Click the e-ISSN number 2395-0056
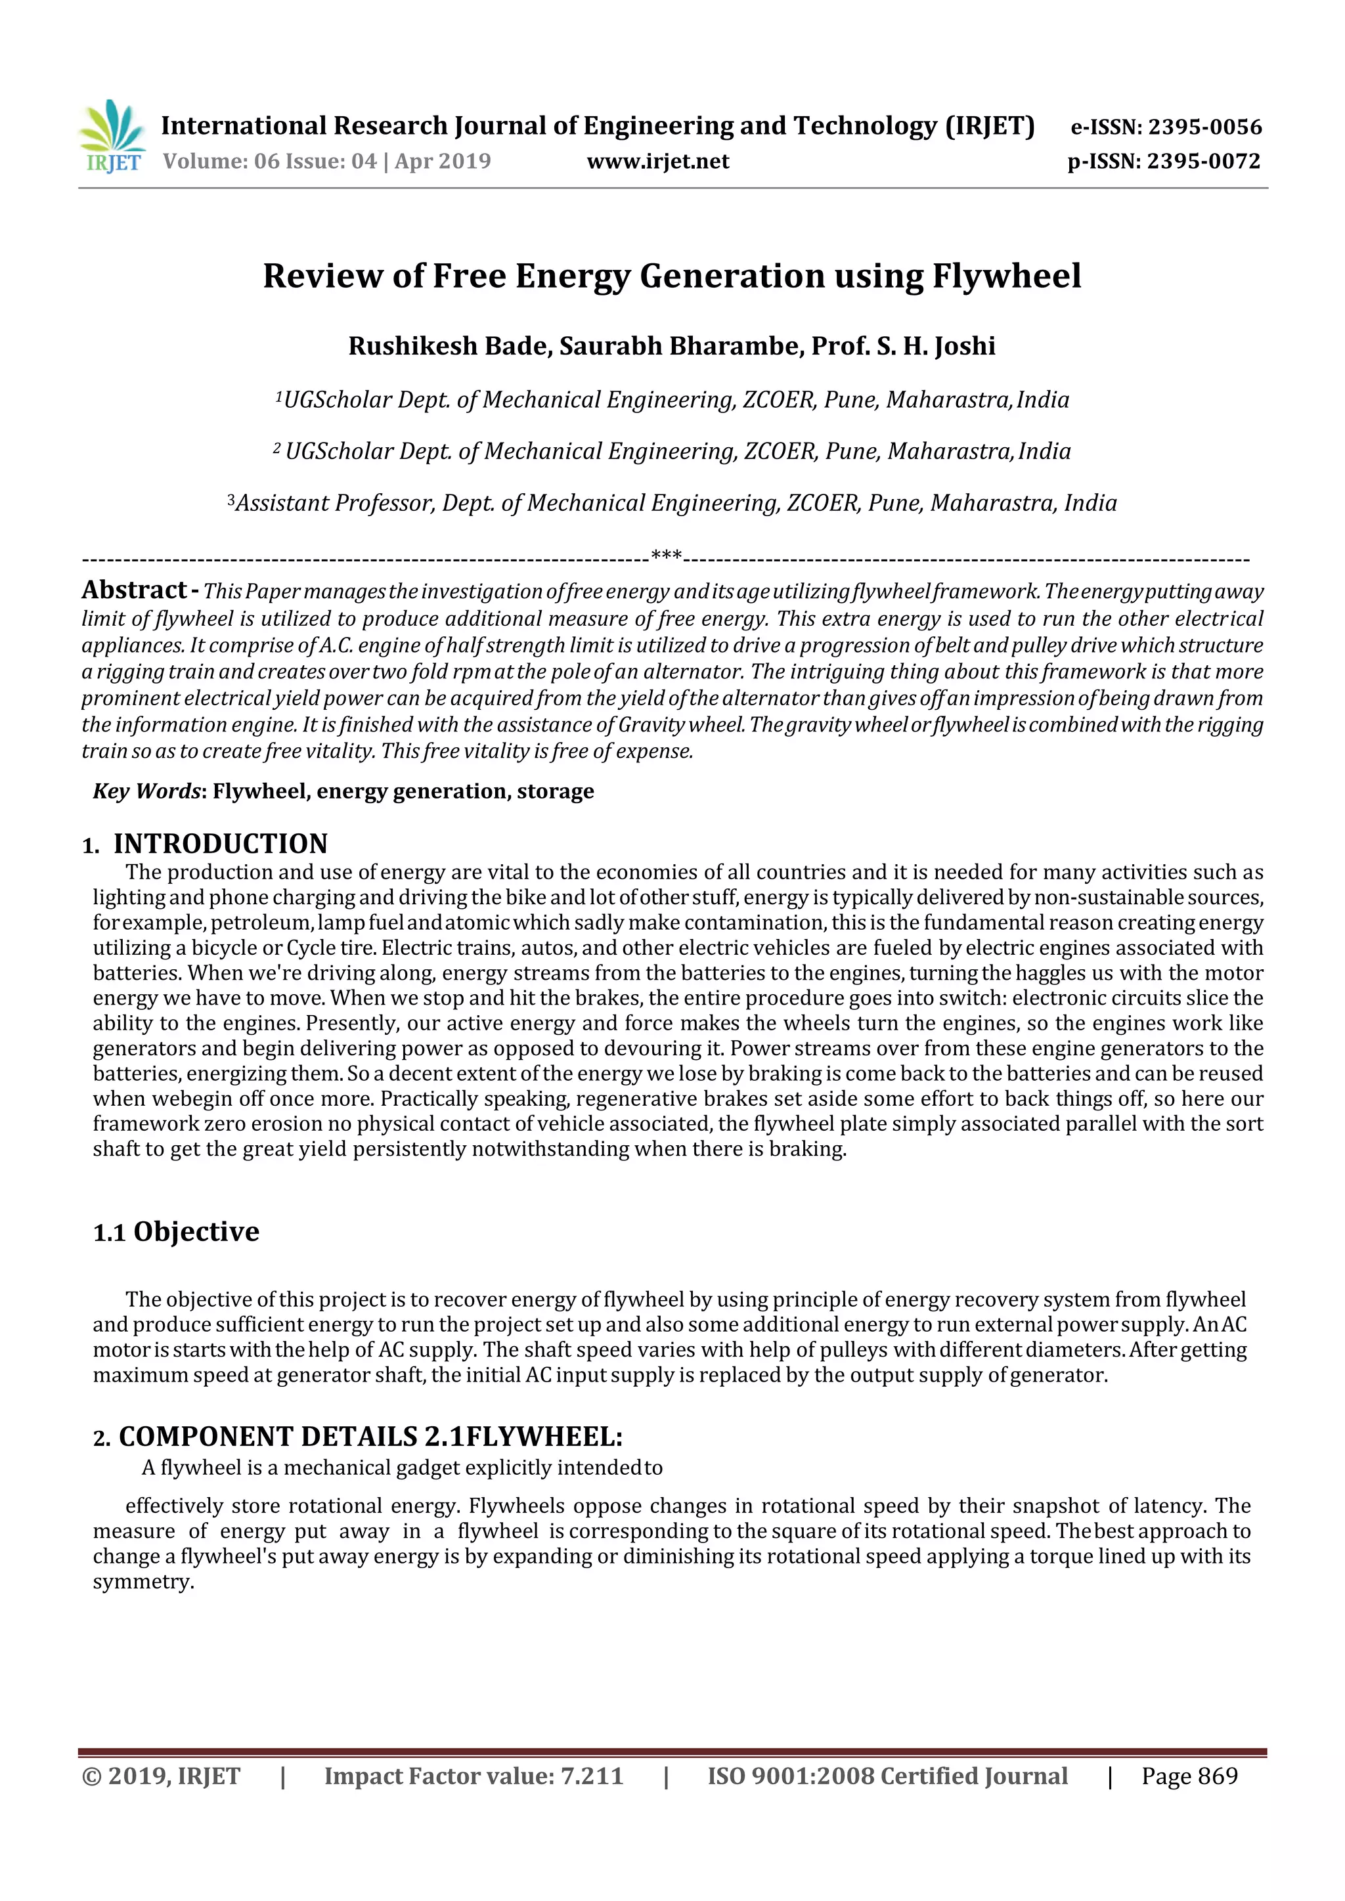pyautogui.click(x=1205, y=127)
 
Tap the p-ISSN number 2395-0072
pyautogui.click(x=1203, y=162)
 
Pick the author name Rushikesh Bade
pyautogui.click(x=450, y=346)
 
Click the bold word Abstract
pyautogui.click(x=134, y=590)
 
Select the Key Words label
pyautogui.click(x=146, y=791)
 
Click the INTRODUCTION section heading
pyautogui.click(x=220, y=844)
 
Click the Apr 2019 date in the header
pyautogui.click(x=442, y=162)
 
